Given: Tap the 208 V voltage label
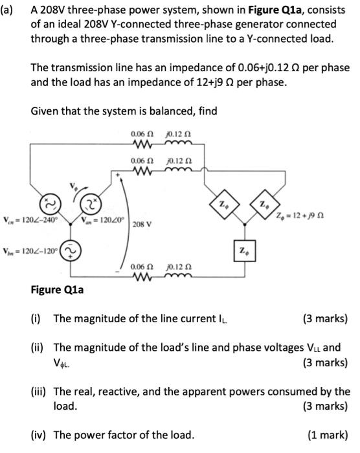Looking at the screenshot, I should pyautogui.click(x=142, y=225).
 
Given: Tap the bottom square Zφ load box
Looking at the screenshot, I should pyautogui.click(x=242, y=249).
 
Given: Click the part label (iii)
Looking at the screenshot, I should pyautogui.click(x=41, y=391).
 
